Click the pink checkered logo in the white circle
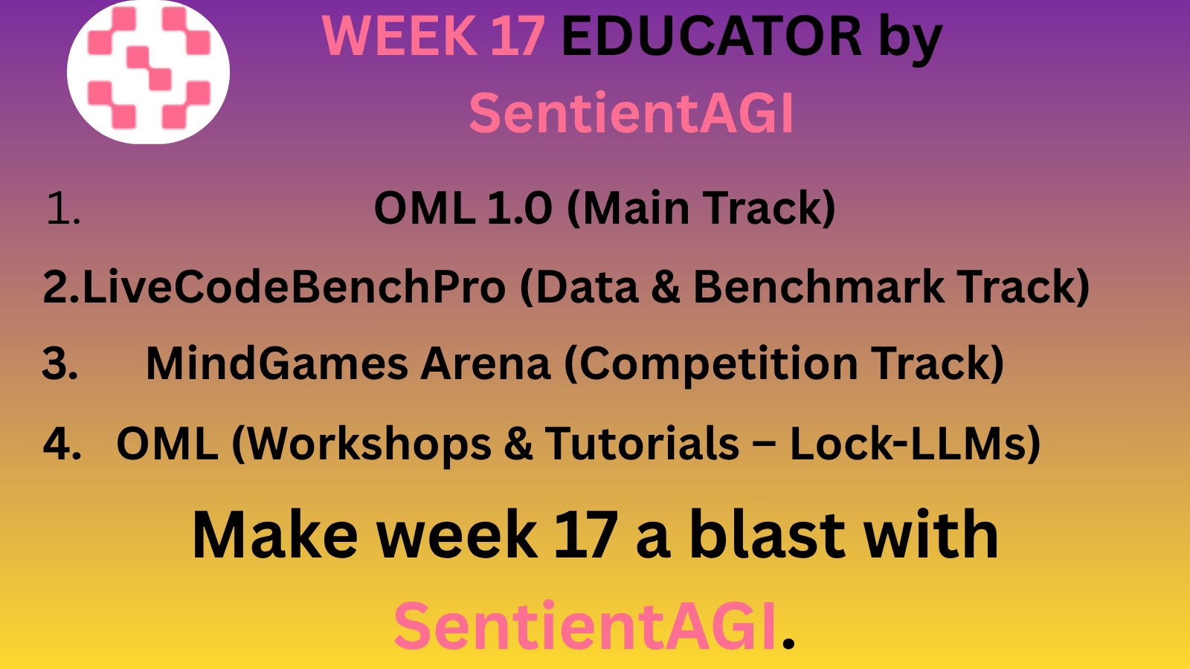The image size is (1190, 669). (148, 68)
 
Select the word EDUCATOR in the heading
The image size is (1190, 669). (711, 36)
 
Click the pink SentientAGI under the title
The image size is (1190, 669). (631, 113)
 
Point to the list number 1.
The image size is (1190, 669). (62, 208)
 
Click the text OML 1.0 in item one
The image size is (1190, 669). (463, 207)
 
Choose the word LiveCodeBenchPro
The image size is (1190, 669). (294, 287)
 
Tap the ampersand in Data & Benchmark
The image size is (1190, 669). (666, 287)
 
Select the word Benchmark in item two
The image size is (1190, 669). (819, 287)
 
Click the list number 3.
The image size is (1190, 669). (59, 364)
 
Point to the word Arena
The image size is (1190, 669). (486, 364)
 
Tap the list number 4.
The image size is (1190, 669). (62, 444)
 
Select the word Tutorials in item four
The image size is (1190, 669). (643, 443)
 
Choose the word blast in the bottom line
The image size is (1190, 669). (768, 534)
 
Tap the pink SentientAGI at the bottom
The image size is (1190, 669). (585, 625)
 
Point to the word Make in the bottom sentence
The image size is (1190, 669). (275, 535)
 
